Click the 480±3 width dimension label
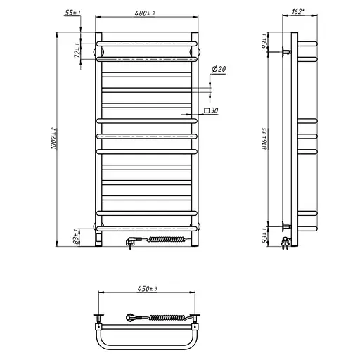145,13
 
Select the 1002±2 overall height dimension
53,139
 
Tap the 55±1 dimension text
72,13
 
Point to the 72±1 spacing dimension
77,51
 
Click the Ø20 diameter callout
219,69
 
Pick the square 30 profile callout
211,110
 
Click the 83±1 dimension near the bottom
76,237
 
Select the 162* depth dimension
298,11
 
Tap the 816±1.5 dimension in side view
264,139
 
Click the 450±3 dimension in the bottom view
147,289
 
